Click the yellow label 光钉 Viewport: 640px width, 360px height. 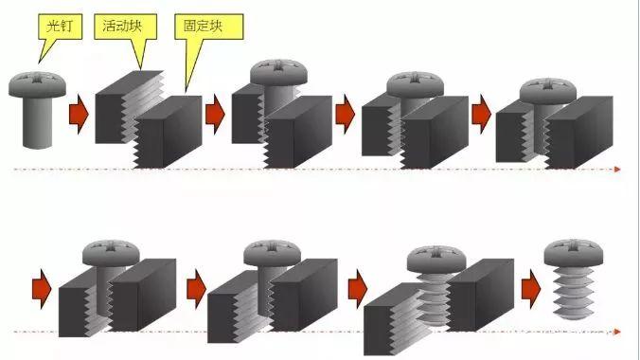59,26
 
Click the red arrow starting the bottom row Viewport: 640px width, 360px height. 40,283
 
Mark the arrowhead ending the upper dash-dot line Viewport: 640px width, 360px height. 616,170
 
